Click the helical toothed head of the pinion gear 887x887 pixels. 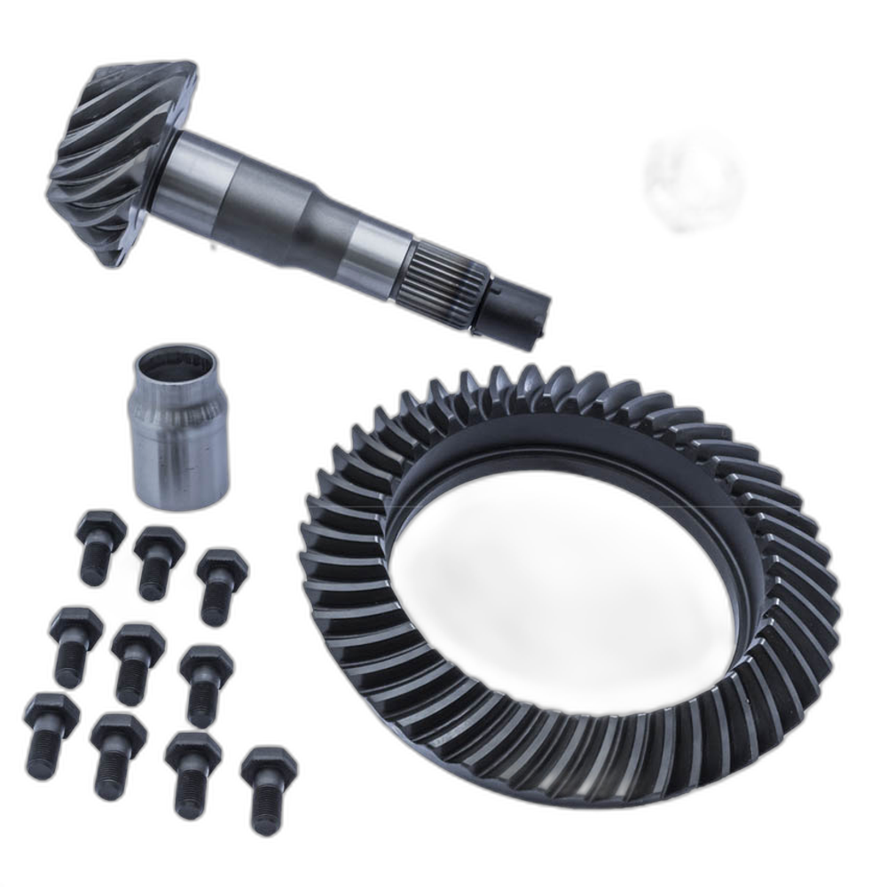(x=120, y=160)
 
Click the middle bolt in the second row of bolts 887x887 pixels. (x=137, y=661)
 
